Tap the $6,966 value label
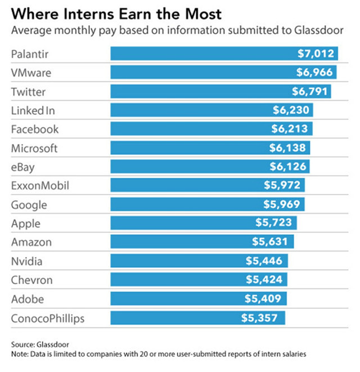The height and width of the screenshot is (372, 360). (316, 73)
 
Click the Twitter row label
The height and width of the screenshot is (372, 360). (28, 91)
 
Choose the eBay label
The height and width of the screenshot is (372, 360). (24, 167)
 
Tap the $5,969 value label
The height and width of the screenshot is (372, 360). (282, 205)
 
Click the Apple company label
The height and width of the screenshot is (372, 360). (26, 223)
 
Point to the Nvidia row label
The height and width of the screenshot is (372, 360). (27, 261)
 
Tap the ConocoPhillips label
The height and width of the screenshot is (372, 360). (48, 318)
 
